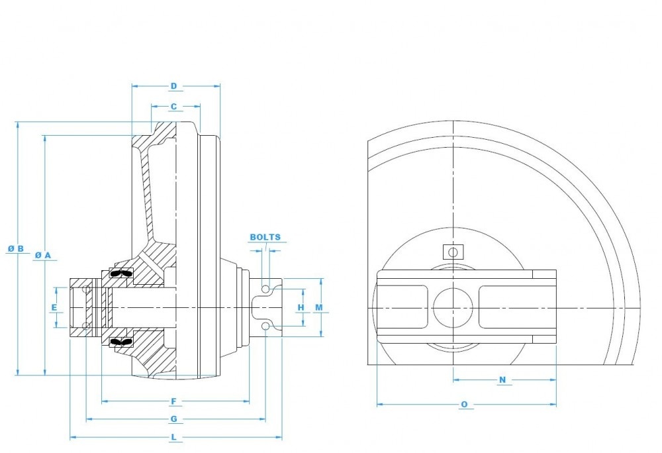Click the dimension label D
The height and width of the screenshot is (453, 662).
pos(173,86)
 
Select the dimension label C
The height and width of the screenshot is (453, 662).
pos(173,106)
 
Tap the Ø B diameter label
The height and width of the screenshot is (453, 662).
pos(16,249)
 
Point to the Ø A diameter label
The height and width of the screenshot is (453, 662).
pos(43,255)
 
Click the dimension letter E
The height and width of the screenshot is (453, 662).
pos(54,307)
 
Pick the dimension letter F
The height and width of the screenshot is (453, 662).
pos(173,401)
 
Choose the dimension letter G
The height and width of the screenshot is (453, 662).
pos(173,419)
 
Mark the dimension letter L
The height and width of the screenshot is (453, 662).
pos(173,437)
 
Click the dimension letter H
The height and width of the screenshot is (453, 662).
pos(301,307)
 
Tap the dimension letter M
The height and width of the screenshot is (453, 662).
pos(319,307)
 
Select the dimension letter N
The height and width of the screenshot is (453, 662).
pos(502,379)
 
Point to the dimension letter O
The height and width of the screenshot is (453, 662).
pos(464,404)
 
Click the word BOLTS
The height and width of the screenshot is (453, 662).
pos(265,237)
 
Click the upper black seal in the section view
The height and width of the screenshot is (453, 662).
pos(120,273)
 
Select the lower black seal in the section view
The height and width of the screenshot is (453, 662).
pos(120,341)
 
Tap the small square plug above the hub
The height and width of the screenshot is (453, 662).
pos(453,252)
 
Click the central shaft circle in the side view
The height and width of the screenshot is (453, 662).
pos(453,308)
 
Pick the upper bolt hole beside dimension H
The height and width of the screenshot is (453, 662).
pos(266,289)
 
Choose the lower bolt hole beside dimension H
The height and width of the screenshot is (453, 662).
pos(266,326)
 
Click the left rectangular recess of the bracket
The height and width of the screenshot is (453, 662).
pos(402,308)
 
